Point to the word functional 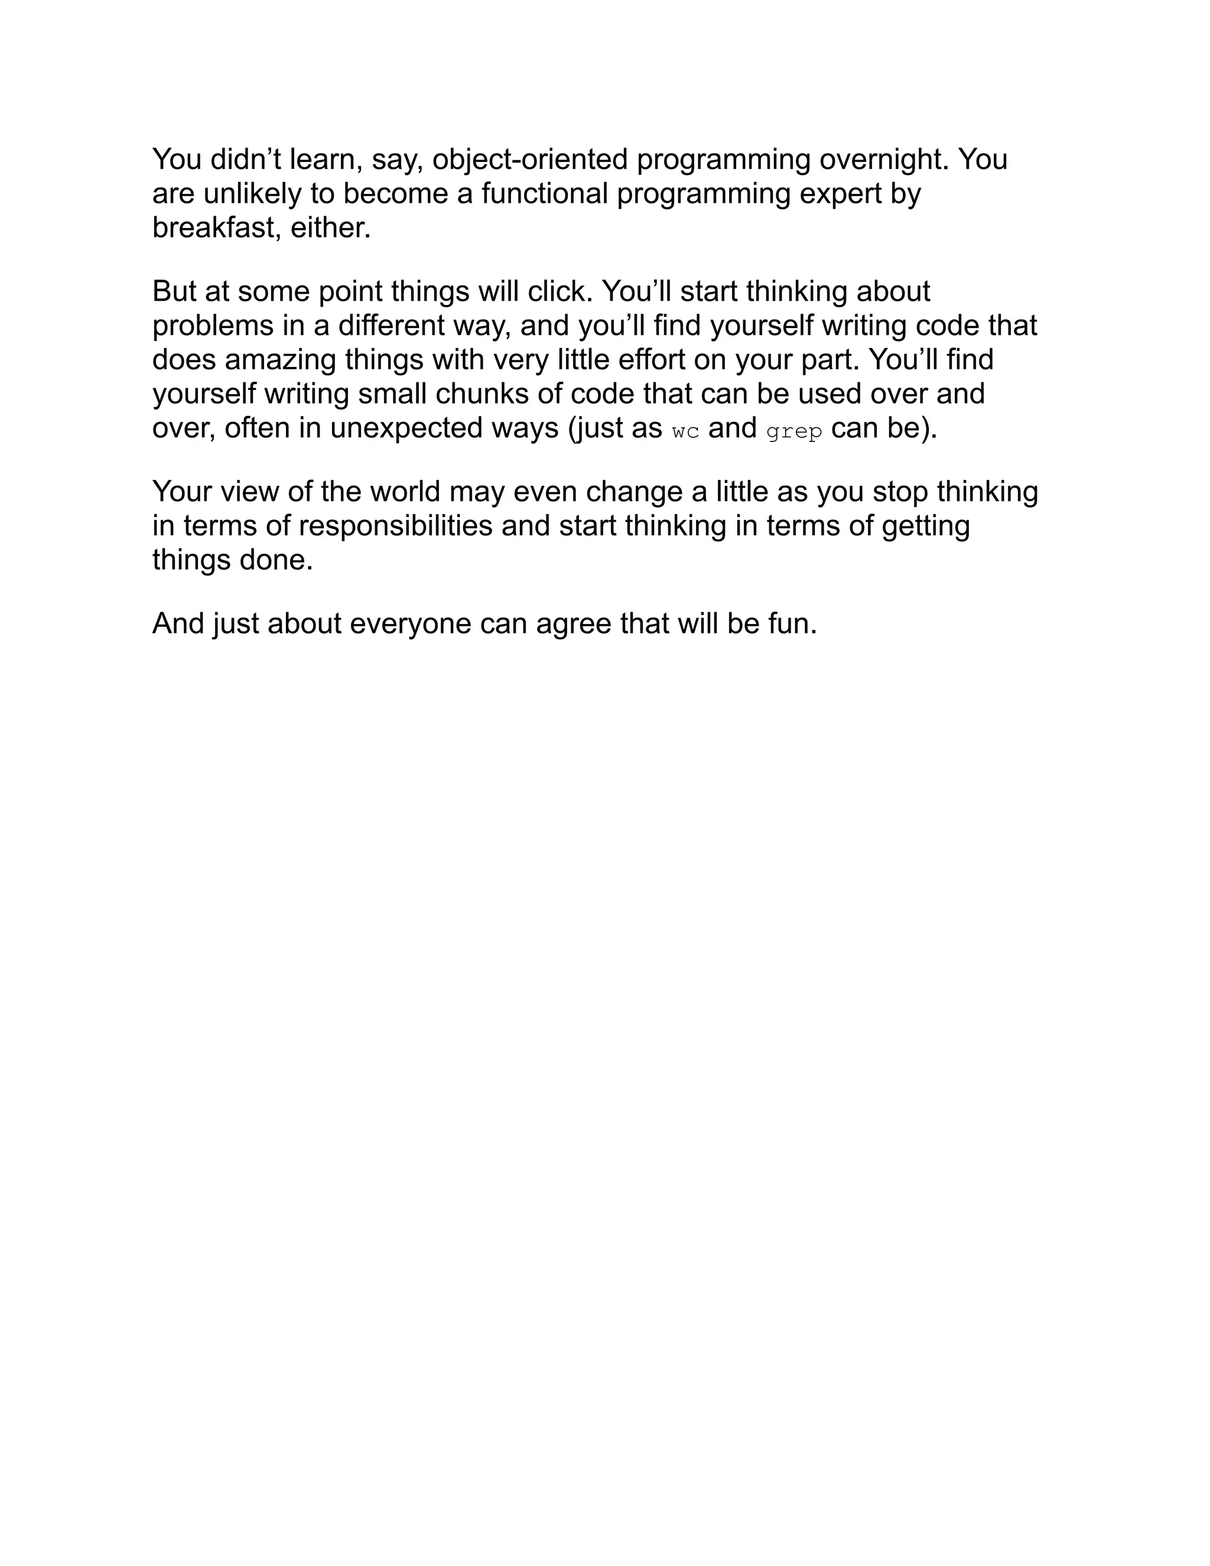click(545, 194)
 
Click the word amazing click(280, 360)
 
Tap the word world click(405, 492)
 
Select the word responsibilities click(396, 525)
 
